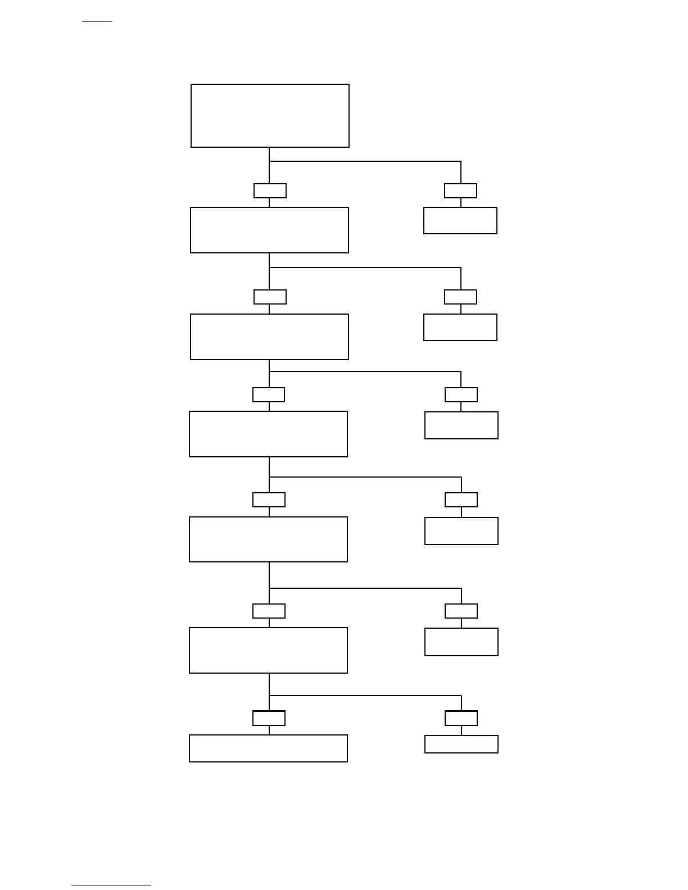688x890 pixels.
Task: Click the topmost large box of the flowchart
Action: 270,116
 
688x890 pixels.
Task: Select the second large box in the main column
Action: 269,230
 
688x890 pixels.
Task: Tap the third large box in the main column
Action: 269,337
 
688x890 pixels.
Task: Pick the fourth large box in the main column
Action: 268,434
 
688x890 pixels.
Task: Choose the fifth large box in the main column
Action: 268,539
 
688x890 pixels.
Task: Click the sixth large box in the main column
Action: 268,650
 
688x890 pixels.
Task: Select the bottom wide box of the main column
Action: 268,748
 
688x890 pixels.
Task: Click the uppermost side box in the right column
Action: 460,220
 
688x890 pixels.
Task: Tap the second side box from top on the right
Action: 460,327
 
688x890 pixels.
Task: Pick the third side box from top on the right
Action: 461,425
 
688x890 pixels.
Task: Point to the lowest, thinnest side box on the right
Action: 461,744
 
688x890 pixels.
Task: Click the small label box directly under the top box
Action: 270,191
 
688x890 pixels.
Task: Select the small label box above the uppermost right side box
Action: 460,191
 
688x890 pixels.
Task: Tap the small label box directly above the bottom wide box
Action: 269,718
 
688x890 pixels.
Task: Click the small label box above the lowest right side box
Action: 461,718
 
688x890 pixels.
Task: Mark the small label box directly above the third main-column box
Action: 270,297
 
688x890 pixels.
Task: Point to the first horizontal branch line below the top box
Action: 365,162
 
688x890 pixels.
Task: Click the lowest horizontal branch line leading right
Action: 365,696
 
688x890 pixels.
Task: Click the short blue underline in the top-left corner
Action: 97,22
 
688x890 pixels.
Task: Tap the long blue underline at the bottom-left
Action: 111,886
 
